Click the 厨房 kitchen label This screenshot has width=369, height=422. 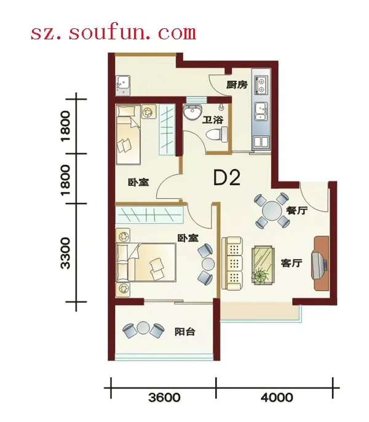tap(237, 85)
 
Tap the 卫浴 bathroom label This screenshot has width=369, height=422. tap(213, 120)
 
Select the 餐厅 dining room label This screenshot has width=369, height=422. tap(296, 210)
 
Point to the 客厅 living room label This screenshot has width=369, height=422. tap(292, 263)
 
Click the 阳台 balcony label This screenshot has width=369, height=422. tap(185, 332)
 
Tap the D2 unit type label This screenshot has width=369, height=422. tap(226, 178)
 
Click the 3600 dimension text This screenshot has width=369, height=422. tap(164, 397)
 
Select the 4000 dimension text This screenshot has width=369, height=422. tap(277, 397)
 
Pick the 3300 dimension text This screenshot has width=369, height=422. tap(65, 253)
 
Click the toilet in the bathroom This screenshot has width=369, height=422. tap(217, 134)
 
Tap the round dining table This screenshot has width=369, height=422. tap(272, 211)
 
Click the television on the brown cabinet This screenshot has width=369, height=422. tap(319, 265)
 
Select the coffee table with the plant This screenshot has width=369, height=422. tap(263, 265)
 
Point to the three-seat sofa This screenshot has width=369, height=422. tap(232, 264)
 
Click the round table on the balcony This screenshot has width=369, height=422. tap(143, 328)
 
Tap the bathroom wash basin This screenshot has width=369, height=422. tap(192, 111)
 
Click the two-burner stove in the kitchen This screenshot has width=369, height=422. tap(261, 86)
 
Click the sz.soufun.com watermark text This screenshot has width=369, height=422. tap(113, 33)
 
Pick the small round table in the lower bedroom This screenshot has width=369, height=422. tap(208, 264)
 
